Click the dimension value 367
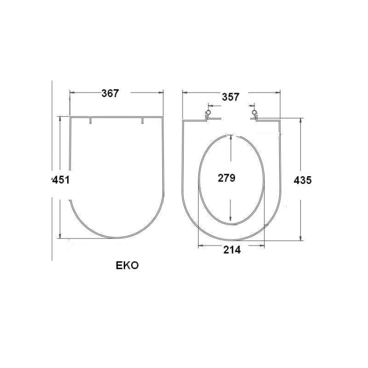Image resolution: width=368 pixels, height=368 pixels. coord(110,93)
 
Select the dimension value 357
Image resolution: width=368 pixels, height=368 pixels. coord(231,97)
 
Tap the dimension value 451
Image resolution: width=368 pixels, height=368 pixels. coord(60,180)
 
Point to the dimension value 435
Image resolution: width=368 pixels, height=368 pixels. coord(303,180)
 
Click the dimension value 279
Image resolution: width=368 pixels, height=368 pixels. coord(227,178)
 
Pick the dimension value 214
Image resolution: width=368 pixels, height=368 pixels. coord(232,250)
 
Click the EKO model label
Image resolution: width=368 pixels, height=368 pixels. coord(127,265)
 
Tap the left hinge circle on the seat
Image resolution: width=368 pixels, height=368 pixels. coord(208,112)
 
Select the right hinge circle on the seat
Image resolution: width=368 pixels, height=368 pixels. coord(254,112)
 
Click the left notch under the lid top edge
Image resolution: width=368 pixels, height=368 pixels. coord(91,120)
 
